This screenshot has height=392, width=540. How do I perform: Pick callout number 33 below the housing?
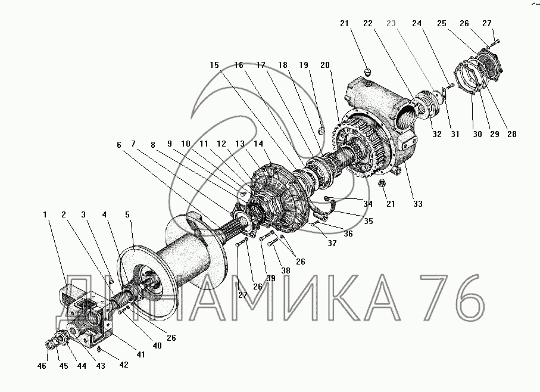click(x=418, y=204)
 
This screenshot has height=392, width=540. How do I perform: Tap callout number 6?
click(x=119, y=145)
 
